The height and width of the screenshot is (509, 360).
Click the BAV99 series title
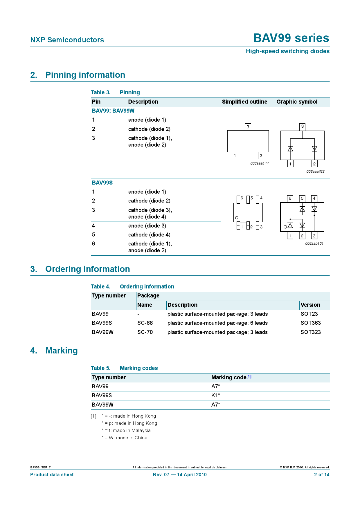pos(291,38)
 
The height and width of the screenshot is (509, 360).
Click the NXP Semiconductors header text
pos(67,40)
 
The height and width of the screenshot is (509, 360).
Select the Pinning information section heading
pos(85,75)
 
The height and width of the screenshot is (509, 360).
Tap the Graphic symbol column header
pos(297,102)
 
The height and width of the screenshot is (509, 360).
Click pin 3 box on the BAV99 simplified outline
pos(248,127)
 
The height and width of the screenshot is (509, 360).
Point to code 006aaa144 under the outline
pos(259,163)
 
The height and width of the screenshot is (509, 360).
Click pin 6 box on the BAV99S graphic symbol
pos(290,198)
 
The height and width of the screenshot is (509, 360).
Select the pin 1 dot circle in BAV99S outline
pos(237,218)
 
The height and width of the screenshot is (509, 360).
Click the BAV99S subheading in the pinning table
pos(102,183)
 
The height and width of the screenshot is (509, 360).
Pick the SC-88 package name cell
pos(145,323)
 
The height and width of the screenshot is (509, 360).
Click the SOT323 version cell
pos(311,332)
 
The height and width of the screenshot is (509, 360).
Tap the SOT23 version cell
pos(309,314)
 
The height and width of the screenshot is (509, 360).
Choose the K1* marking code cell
pos(215,396)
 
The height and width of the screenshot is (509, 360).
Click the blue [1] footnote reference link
pos(249,377)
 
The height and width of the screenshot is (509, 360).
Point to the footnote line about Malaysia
pos(126,431)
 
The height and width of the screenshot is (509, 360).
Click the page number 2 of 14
pos(322,475)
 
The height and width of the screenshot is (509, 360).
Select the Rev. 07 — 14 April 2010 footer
pos(180,475)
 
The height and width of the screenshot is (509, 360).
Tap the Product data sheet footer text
pos(52,475)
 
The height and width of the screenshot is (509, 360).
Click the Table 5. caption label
pos(101,368)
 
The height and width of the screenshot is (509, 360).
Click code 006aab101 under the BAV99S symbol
pos(314,243)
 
